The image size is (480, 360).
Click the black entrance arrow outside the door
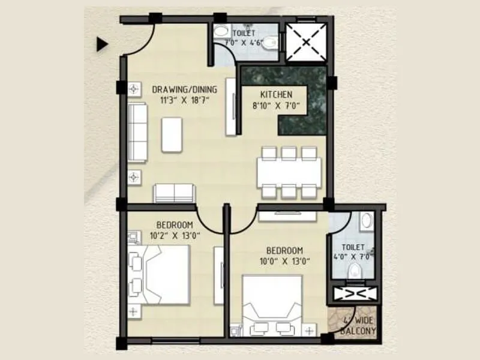coord(102,43)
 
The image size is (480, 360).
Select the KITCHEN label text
coord(275,95)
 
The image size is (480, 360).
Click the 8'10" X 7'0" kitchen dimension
coord(275,106)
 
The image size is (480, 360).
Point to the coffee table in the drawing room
coord(172,134)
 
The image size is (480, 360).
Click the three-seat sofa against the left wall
coord(137,132)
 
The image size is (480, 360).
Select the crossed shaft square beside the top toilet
coord(307,42)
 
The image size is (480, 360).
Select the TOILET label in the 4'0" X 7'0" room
coord(352,247)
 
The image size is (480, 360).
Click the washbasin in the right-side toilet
coord(366,221)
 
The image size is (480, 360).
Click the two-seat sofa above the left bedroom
coord(174,193)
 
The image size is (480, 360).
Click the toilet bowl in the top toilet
coord(270,42)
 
